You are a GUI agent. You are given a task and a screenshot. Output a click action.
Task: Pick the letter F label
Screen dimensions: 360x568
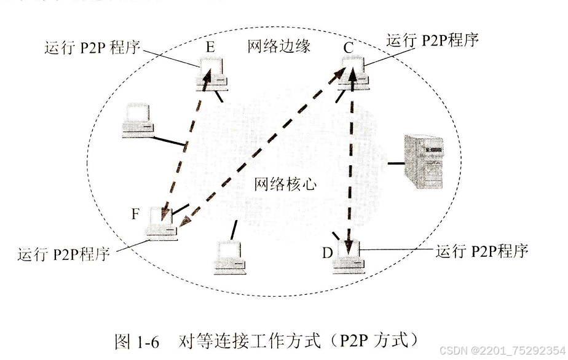click(x=136, y=214)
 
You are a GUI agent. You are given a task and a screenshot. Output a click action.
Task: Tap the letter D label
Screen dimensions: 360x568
click(x=327, y=252)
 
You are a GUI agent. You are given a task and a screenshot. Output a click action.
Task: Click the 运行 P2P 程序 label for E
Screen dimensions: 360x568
click(x=92, y=49)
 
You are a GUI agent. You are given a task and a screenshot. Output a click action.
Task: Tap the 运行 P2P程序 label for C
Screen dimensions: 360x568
click(x=432, y=41)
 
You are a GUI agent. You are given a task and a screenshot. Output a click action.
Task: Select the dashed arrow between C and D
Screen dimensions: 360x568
click(x=352, y=160)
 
